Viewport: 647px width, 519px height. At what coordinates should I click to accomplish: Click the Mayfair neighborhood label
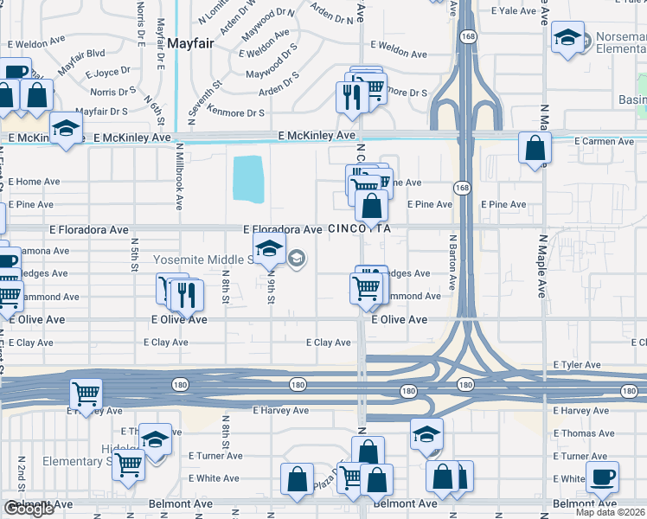point(189,42)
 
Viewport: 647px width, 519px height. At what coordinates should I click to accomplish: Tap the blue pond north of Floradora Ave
point(249,178)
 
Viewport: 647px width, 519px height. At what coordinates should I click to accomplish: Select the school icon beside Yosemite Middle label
point(269,250)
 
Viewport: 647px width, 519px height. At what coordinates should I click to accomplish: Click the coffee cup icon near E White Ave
point(602,477)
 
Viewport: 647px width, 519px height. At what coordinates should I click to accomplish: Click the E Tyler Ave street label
point(576,365)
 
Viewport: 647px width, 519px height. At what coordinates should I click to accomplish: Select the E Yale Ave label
point(516,11)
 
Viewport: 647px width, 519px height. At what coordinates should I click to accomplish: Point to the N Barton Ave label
point(452,260)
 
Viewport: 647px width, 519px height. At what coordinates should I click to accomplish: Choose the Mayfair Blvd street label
point(82,59)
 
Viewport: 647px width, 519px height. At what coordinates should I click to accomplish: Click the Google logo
point(29,509)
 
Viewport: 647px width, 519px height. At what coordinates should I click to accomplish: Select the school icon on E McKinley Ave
point(65,129)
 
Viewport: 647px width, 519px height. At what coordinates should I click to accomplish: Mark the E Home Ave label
point(35,182)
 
